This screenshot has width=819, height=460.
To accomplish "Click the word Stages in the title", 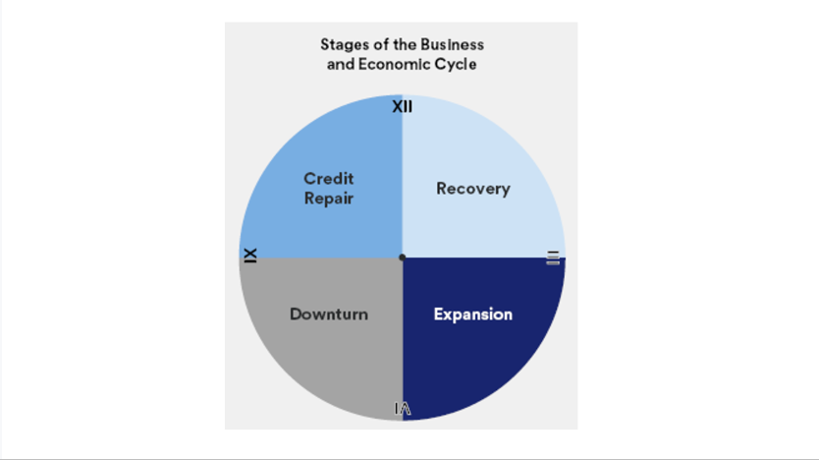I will click(342, 45).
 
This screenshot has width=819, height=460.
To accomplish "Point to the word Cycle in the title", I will click(457, 64).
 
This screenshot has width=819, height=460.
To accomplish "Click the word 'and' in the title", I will click(340, 64).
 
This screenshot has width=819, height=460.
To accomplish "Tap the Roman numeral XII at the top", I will click(402, 106).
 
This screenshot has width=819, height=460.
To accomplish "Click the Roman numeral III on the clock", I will click(553, 258).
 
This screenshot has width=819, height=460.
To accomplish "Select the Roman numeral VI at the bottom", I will click(402, 409).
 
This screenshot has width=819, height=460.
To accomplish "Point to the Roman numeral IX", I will click(250, 255).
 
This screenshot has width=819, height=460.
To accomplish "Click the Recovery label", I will click(472, 189).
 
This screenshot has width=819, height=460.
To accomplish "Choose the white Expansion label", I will click(472, 315).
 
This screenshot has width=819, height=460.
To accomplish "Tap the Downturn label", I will click(329, 315).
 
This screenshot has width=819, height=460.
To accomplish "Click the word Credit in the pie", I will click(328, 179).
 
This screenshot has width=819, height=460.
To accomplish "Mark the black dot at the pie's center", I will click(402, 258).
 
